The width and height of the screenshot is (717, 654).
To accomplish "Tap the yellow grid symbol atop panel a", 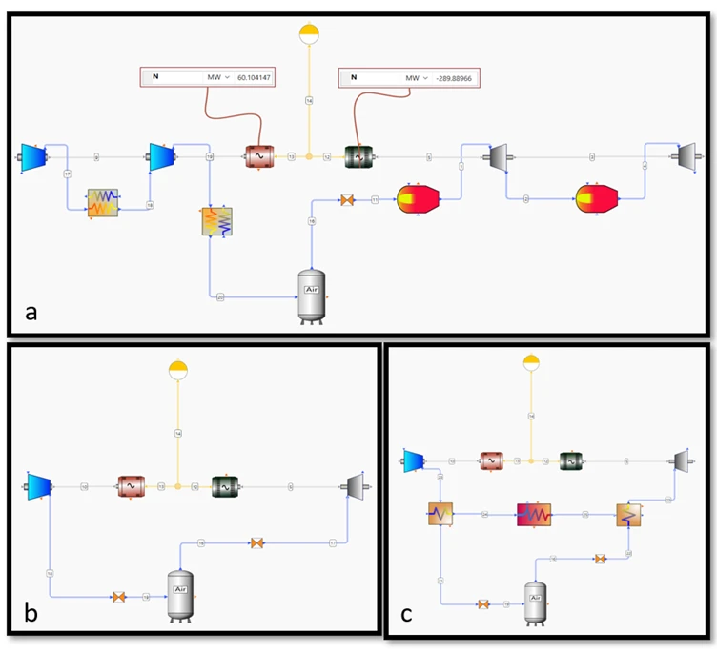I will coord(309,34).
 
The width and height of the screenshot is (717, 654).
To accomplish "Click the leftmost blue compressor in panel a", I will coord(33,156).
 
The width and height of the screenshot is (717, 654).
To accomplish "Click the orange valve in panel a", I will coord(347,200).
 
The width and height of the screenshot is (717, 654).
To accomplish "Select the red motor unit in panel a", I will coord(258,156).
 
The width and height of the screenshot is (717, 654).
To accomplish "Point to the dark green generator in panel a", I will coord(358,156).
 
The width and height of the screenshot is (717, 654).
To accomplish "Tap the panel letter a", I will coord(32,311).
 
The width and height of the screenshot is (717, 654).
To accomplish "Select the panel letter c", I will coord(406,614).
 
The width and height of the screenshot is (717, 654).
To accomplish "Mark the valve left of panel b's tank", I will coord(119,597).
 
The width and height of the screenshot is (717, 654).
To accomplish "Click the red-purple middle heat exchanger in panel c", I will coord(535,515).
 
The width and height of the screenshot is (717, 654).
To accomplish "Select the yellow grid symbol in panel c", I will coord(531,362).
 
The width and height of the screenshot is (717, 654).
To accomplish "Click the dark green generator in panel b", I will coord(227,487).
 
